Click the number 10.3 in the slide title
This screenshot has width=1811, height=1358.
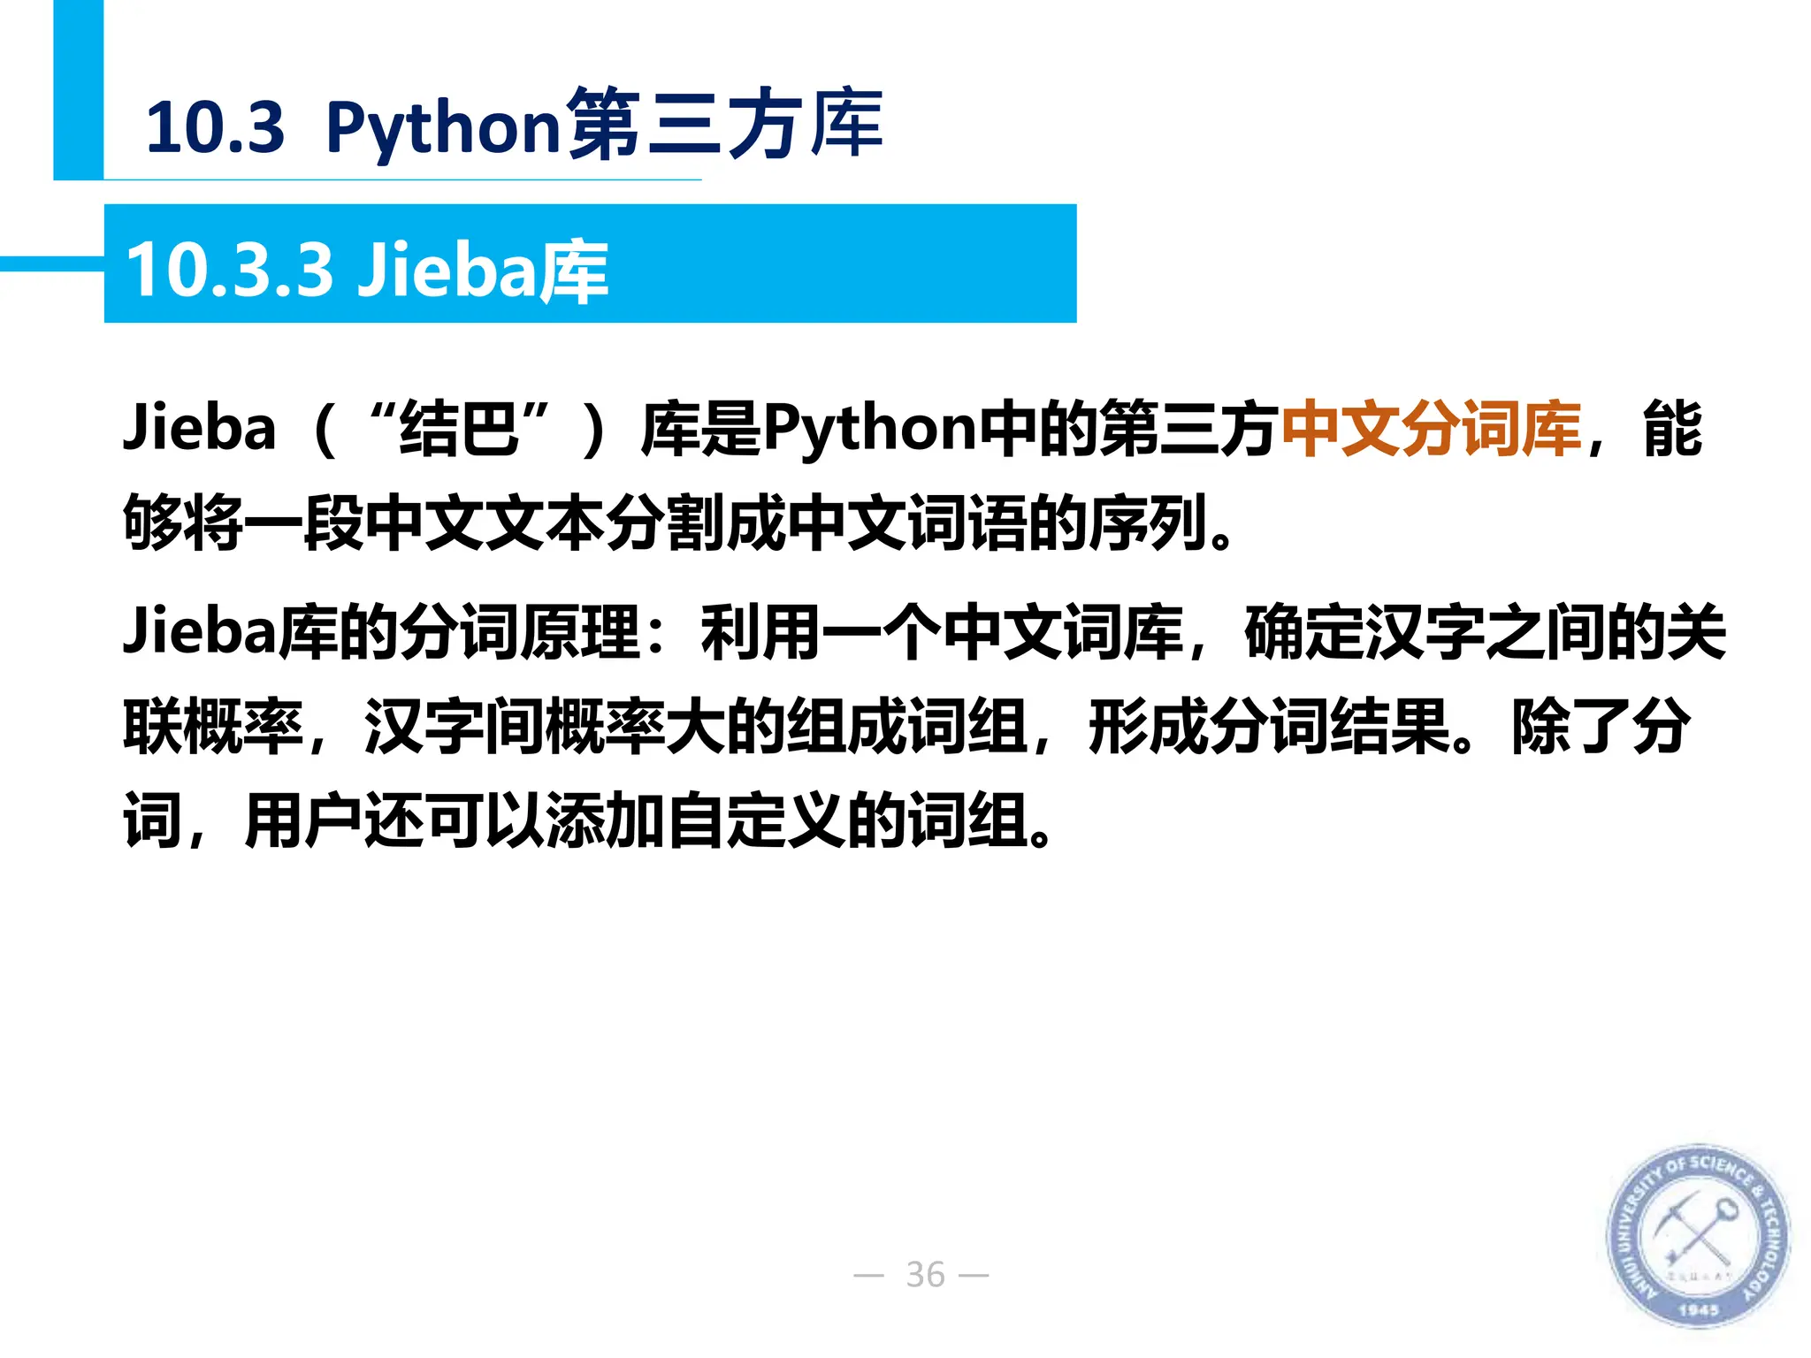click(215, 127)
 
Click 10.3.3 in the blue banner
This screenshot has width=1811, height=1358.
click(230, 269)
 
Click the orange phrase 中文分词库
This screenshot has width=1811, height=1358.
click(1431, 430)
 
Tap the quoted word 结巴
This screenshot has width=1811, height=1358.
click(459, 430)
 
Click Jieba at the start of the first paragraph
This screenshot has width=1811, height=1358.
click(200, 428)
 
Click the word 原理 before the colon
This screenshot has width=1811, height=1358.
click(580, 632)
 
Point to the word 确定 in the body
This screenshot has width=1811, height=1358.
click(1303, 632)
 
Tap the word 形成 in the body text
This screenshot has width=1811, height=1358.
click(1148, 727)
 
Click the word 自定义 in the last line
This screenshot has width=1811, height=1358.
click(756, 821)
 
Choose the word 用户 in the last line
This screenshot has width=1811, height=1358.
click(303, 821)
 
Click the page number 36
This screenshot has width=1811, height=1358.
click(925, 1275)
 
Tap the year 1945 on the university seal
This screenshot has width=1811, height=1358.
click(1698, 1309)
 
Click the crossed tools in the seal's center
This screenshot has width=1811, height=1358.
click(1696, 1233)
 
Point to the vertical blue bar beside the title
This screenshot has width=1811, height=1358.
click(78, 88)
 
